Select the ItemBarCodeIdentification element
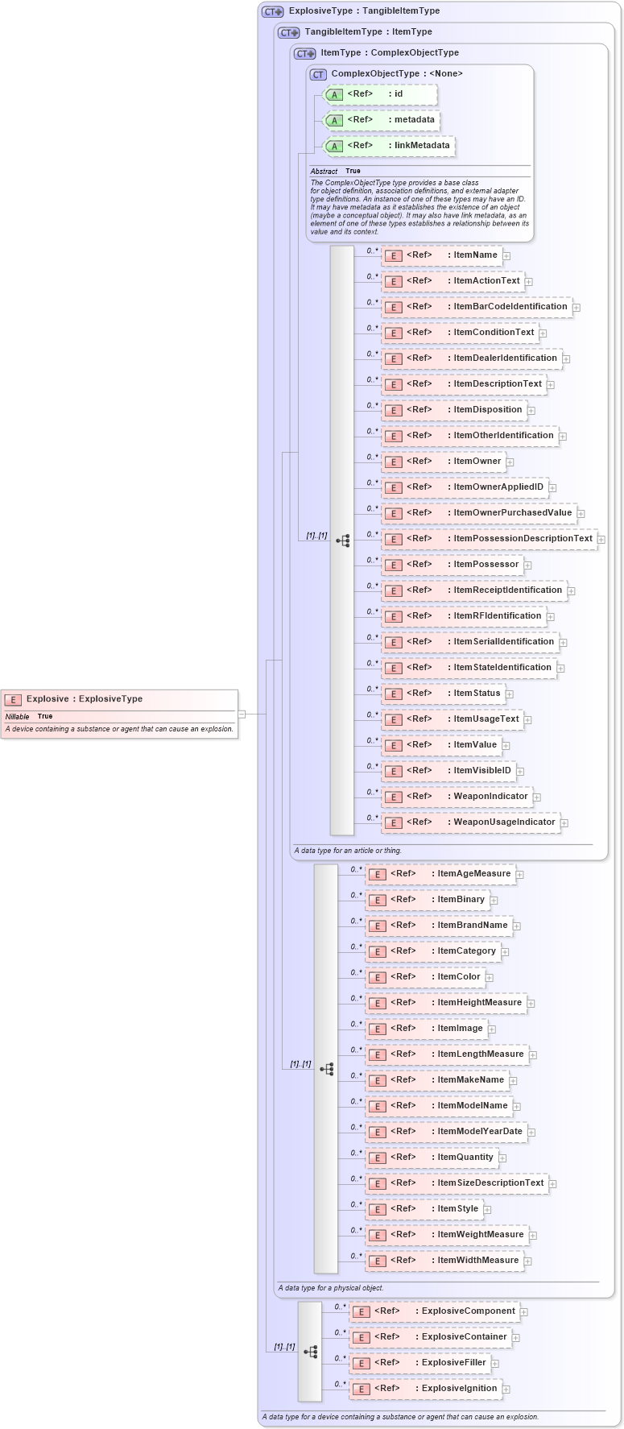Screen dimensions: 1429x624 click(x=477, y=307)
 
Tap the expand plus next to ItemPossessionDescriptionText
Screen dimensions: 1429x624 click(x=601, y=539)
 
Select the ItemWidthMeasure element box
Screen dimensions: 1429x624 click(x=444, y=1261)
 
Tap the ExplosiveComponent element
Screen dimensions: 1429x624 click(x=434, y=1311)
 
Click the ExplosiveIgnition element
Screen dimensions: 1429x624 click(x=425, y=1389)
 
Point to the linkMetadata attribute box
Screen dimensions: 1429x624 click(x=388, y=146)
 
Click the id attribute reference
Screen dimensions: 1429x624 click(x=379, y=94)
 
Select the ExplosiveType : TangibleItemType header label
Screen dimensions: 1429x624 click(x=364, y=11)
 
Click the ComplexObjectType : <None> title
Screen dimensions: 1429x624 click(x=397, y=74)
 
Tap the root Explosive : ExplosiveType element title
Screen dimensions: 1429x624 click(x=85, y=699)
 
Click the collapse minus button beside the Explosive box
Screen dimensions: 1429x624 click(x=242, y=714)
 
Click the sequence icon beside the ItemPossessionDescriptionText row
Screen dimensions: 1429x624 click(x=343, y=541)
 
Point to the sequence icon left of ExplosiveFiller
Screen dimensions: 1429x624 click(x=311, y=1352)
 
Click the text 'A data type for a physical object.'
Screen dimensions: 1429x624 click(x=331, y=1288)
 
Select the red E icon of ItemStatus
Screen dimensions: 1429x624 click(x=393, y=694)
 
